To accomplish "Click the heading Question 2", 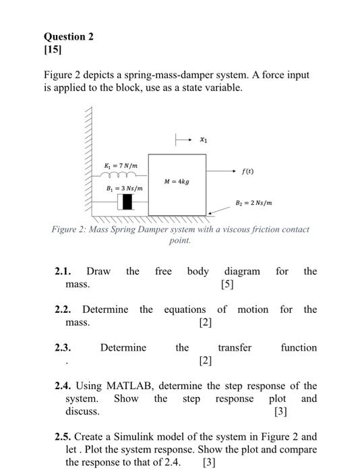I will point(69,36).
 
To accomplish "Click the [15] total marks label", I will point(53,51).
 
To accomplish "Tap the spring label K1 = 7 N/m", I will point(121,165).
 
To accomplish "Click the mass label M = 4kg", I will point(177,181).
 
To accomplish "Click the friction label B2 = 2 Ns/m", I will point(253,202).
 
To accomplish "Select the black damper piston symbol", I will point(127,202).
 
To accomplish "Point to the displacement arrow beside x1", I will point(185,140).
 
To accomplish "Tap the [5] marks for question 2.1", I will point(227,285).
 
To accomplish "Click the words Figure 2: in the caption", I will point(71,229).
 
